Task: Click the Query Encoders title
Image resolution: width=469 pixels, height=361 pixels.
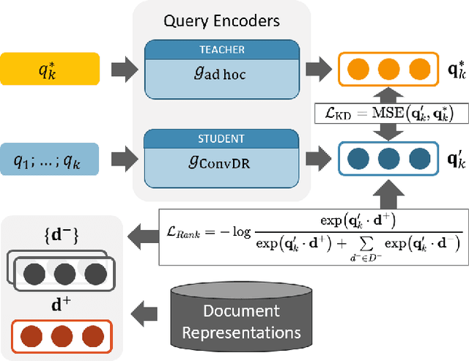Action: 221,21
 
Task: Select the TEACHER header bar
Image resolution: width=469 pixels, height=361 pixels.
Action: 222,50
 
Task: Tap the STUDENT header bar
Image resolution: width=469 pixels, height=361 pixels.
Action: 221,139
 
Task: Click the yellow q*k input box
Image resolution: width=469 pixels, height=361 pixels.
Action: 50,69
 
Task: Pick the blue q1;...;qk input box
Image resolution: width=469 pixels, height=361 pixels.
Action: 49,159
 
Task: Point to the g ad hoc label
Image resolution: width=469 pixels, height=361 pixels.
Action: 220,73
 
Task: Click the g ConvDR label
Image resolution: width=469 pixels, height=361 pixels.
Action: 219,163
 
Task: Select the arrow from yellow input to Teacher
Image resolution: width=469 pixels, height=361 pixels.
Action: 125,70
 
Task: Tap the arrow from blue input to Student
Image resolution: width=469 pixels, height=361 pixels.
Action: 125,159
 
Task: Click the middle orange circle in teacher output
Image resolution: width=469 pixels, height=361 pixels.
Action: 388,70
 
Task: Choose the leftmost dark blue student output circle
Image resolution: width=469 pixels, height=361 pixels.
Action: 358,158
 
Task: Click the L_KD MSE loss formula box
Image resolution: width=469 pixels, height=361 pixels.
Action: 391,113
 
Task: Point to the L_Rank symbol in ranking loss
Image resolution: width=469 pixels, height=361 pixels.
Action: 183,232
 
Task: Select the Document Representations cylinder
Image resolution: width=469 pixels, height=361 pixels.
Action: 241,317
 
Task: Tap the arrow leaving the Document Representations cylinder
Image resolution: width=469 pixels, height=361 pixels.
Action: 144,314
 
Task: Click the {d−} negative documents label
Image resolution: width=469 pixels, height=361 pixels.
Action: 62,235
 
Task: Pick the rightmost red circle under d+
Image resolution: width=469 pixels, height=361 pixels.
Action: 93,337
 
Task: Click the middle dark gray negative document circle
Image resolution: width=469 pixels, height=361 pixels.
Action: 65,275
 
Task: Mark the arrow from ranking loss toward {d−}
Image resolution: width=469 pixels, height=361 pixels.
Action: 144,237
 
